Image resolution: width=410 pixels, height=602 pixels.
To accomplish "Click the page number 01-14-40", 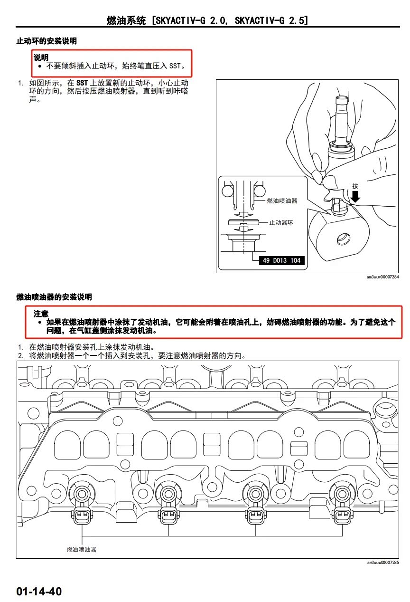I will (x=39, y=591).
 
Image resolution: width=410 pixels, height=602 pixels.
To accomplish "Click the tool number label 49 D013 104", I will (x=281, y=260).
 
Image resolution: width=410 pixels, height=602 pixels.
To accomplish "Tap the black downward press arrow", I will (x=355, y=196).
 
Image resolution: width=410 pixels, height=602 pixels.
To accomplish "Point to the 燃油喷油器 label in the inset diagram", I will (x=282, y=201).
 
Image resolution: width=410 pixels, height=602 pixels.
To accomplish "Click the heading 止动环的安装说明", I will (x=47, y=41).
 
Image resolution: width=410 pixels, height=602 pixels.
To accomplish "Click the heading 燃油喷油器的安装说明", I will (x=54, y=297).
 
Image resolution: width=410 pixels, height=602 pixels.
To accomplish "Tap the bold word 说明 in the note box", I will (x=41, y=57).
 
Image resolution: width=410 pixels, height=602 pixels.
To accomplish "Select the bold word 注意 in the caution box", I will (x=41, y=314).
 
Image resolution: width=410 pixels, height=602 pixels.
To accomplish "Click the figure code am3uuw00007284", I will (x=382, y=277).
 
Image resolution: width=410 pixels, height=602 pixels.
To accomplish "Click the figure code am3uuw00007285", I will (x=382, y=563).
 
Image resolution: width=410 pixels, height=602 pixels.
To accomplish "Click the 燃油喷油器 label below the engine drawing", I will (x=82, y=549).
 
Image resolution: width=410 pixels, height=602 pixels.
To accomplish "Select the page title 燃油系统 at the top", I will (x=126, y=20).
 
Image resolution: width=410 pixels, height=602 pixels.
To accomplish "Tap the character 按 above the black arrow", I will (x=355, y=186).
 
